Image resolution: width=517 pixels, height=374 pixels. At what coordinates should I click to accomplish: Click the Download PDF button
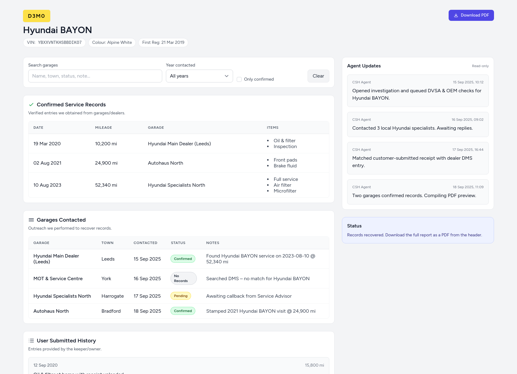(x=471, y=15)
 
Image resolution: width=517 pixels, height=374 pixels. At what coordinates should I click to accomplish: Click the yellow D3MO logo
(x=36, y=16)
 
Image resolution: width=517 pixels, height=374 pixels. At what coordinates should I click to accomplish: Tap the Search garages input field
(x=95, y=76)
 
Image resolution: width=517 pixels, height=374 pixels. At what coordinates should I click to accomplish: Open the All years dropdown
(x=199, y=76)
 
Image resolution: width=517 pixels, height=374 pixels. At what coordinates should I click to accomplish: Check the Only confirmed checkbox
(x=239, y=79)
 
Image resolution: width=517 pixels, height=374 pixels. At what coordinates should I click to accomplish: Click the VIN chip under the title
(x=54, y=43)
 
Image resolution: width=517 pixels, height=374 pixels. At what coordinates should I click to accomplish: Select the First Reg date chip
(x=163, y=43)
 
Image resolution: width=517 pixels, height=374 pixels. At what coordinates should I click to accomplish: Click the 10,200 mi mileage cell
(x=106, y=144)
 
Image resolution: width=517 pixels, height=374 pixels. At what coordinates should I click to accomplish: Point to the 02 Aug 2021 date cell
(x=47, y=163)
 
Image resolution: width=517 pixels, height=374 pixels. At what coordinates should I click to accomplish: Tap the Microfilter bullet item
(x=285, y=191)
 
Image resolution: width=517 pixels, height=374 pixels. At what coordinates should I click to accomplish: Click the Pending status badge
(x=181, y=296)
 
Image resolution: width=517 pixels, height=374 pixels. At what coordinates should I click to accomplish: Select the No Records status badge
(x=183, y=278)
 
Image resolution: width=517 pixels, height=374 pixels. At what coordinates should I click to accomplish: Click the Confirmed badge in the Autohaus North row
(x=183, y=311)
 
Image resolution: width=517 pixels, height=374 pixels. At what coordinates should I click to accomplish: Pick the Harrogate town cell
(x=113, y=296)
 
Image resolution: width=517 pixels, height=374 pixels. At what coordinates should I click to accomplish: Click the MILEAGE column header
(x=103, y=128)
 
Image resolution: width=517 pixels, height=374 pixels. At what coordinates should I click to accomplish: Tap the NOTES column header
(x=213, y=243)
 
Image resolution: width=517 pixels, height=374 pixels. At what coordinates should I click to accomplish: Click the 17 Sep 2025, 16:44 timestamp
(x=468, y=150)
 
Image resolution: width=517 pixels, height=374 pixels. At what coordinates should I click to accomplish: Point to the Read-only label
(x=480, y=66)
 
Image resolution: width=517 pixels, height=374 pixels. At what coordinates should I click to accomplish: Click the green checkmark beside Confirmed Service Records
(x=31, y=105)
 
